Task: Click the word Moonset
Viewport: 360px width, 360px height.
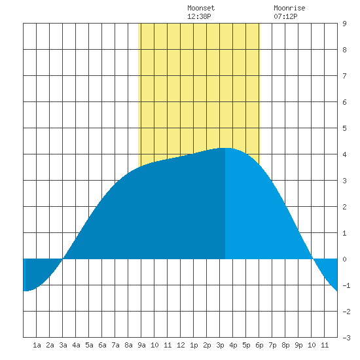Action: click(201, 8)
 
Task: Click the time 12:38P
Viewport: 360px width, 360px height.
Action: click(199, 16)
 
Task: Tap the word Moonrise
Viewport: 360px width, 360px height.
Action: click(289, 8)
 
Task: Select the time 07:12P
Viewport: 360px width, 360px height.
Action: click(285, 16)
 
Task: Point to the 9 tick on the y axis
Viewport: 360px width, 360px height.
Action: click(344, 24)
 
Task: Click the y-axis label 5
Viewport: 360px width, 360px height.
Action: click(344, 128)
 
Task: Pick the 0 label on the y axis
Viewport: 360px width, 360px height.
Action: click(344, 259)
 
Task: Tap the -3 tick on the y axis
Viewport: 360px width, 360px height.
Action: click(346, 338)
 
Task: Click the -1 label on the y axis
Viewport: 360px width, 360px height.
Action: click(346, 285)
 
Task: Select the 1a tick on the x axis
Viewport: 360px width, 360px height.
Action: click(37, 345)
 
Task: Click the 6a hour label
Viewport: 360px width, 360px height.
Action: click(102, 345)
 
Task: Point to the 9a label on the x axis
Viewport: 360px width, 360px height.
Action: click(141, 345)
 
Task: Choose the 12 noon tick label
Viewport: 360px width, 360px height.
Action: click(181, 345)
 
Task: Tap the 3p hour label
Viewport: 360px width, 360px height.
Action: click(220, 345)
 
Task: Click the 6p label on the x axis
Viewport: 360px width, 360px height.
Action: click(259, 345)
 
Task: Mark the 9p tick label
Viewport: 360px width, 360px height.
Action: click(298, 345)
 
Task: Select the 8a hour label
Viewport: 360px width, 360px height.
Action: click(128, 345)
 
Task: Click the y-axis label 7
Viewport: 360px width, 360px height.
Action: click(344, 76)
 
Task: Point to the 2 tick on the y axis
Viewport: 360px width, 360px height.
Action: click(344, 207)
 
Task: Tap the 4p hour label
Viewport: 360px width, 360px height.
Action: click(233, 345)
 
